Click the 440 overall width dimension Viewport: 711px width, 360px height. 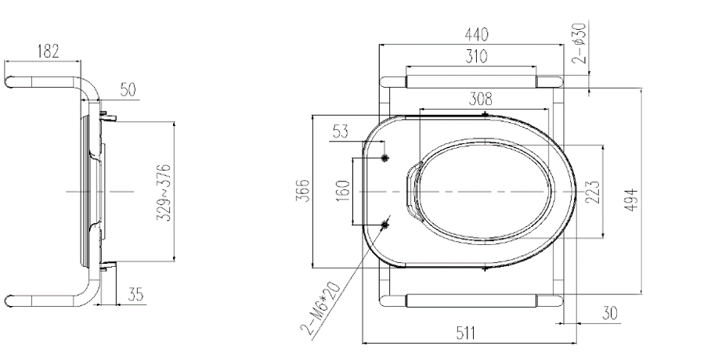tap(476, 35)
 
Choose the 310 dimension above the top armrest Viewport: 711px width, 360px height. tap(471, 57)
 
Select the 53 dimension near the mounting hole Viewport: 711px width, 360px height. tap(341, 131)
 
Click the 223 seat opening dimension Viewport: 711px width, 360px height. tap(594, 191)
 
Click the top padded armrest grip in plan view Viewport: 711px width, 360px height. tap(471, 81)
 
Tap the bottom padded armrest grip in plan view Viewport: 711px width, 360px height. tap(471, 301)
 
